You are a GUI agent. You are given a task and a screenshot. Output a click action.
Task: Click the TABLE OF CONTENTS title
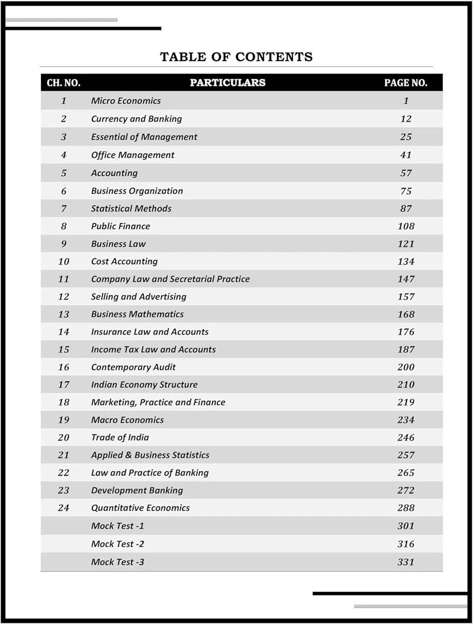click(236, 57)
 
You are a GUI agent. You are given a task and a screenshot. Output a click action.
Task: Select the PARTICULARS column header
click(228, 82)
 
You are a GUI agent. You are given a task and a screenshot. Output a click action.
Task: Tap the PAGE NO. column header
click(406, 83)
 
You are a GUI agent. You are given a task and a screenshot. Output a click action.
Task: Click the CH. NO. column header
click(64, 83)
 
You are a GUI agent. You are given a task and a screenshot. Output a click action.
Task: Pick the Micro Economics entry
click(126, 101)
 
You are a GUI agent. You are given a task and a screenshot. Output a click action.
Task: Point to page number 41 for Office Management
click(406, 155)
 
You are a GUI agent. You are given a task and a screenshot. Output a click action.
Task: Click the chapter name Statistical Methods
click(131, 208)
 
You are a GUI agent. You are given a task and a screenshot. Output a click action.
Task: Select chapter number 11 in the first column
click(64, 279)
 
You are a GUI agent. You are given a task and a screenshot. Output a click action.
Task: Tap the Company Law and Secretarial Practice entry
click(170, 279)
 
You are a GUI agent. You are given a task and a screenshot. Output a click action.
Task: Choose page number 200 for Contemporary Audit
click(406, 367)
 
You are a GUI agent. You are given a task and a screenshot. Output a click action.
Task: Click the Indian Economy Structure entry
click(144, 385)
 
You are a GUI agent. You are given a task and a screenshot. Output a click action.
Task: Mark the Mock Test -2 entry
click(117, 544)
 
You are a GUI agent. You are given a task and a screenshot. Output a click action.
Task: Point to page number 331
click(406, 562)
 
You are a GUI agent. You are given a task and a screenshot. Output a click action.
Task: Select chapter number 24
click(64, 508)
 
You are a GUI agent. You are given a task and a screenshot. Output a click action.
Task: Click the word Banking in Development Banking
click(166, 490)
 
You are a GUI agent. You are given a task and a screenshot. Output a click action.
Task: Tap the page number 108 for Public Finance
click(406, 226)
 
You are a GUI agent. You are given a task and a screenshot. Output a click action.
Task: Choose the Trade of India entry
click(120, 438)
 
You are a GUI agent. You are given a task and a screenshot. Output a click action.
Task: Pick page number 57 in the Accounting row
click(406, 173)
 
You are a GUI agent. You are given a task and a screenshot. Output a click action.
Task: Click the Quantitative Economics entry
click(140, 508)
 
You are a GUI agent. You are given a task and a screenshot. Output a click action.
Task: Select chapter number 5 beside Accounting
click(64, 173)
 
